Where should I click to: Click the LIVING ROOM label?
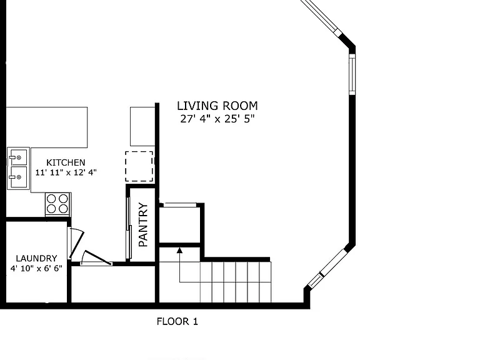pyautogui.click(x=217, y=106)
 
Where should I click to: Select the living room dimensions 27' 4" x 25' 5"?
pyautogui.click(x=217, y=119)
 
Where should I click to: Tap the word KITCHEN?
pyautogui.click(x=66, y=162)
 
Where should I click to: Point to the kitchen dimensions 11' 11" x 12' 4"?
pyautogui.click(x=66, y=172)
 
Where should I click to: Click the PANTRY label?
pyautogui.click(x=143, y=224)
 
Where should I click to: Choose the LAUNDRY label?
pyautogui.click(x=36, y=258)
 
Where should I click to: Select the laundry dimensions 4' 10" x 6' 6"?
pyautogui.click(x=36, y=269)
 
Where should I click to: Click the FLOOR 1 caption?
pyautogui.click(x=177, y=321)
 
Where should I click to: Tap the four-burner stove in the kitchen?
pyautogui.click(x=57, y=204)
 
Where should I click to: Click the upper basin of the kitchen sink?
pyautogui.click(x=18, y=157)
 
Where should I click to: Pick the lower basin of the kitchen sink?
pyautogui.click(x=18, y=177)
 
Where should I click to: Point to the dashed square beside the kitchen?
pyautogui.click(x=139, y=166)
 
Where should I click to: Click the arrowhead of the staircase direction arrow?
pyautogui.click(x=180, y=251)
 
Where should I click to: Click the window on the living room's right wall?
pyautogui.click(x=352, y=74)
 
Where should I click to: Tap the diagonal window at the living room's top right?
pyautogui.click(x=321, y=17)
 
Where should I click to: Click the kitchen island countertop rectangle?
pyautogui.click(x=47, y=127)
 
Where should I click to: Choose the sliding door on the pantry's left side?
pyautogui.click(x=129, y=228)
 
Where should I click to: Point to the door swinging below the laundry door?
pyautogui.click(x=96, y=258)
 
